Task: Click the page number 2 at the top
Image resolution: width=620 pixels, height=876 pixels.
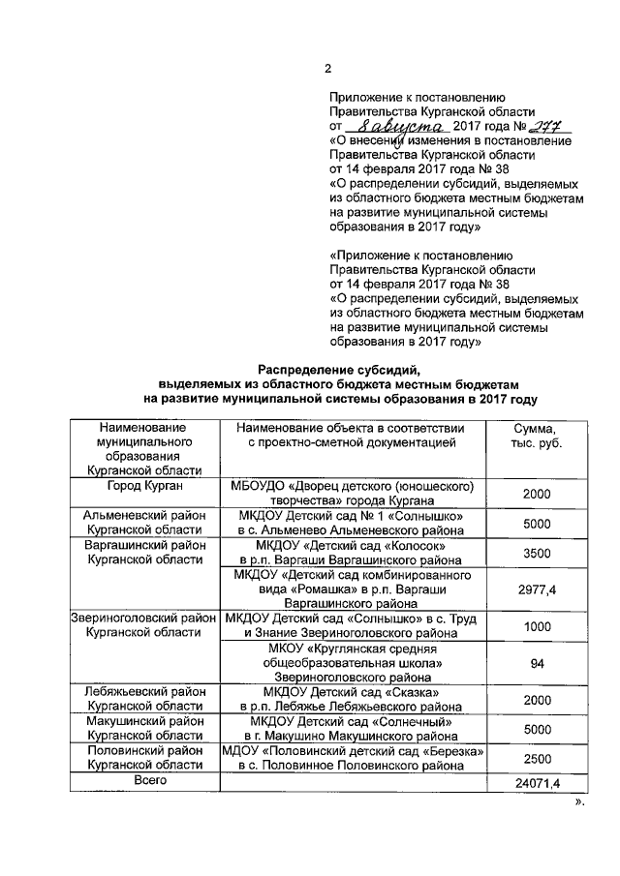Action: point(326,68)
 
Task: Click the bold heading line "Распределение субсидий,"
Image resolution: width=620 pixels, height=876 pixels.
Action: point(339,369)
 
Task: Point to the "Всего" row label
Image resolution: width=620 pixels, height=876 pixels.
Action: point(145,780)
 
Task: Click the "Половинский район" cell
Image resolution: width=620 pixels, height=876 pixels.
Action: point(145,758)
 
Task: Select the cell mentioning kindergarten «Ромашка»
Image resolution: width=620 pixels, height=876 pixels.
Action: point(353,589)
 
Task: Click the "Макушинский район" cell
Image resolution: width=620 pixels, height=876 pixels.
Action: point(145,728)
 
